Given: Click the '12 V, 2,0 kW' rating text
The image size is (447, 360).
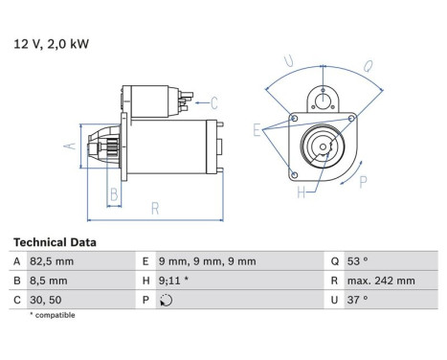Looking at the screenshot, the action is click(51, 44).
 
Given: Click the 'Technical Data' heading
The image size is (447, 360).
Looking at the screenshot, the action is click(55, 242).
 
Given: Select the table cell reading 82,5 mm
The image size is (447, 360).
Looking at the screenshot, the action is click(81, 261).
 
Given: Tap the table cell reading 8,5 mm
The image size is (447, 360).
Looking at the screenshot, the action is click(81, 281).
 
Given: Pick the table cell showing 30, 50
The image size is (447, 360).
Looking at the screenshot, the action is click(81, 300).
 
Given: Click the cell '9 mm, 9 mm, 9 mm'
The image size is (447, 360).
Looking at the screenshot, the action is click(240, 261).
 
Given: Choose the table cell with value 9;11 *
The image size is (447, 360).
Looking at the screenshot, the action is click(240, 281).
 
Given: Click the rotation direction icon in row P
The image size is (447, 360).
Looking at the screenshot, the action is click(166, 300).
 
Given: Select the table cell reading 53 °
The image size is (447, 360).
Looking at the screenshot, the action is click(391, 261).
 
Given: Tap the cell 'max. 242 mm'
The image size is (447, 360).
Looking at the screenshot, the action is click(391, 281).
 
